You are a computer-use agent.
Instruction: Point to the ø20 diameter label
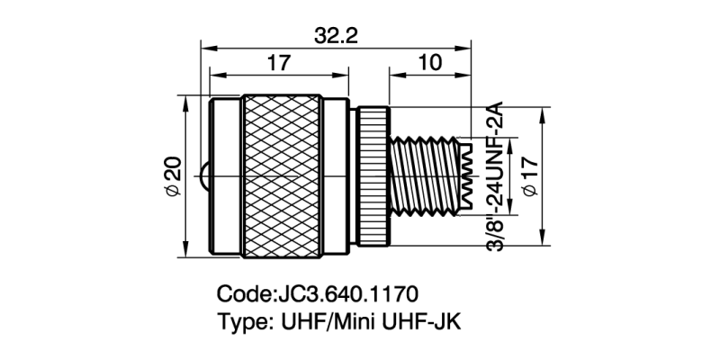pyautogui.click(x=174, y=177)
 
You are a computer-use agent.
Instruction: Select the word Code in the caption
pyautogui.click(x=242, y=294)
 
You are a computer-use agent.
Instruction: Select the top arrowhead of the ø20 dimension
pyautogui.click(x=186, y=101)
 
